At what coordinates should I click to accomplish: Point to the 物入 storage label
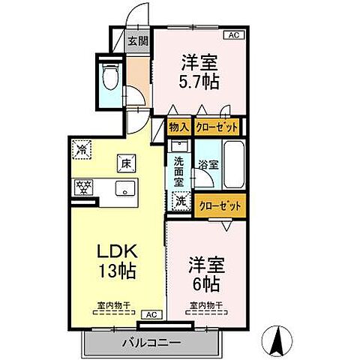(x=179, y=128)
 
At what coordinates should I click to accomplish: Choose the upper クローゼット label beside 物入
(x=217, y=128)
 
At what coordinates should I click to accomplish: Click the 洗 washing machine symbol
(x=181, y=200)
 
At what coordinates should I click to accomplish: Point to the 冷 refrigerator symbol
(x=82, y=149)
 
